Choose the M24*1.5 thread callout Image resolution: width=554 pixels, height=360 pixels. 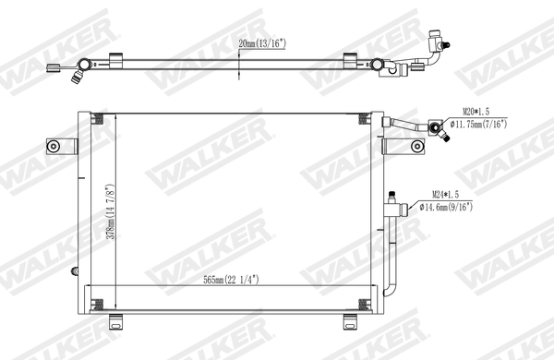pos(450,195)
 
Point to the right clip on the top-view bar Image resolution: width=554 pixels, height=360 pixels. pos(352,60)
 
